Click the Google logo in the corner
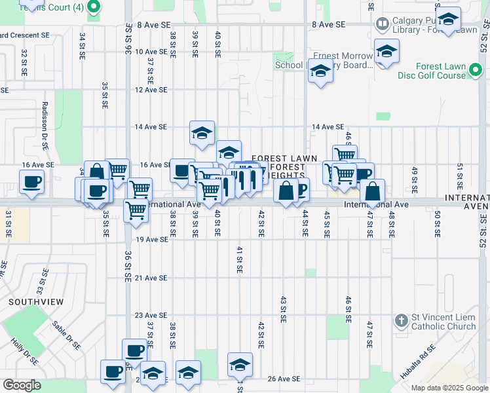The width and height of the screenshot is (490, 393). [22, 385]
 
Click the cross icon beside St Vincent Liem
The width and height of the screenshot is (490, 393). [401, 321]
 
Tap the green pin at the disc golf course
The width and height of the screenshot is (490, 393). [477, 70]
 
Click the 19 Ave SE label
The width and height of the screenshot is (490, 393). [153, 240]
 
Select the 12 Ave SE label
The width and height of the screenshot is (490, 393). [151, 90]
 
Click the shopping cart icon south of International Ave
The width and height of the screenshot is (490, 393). [136, 210]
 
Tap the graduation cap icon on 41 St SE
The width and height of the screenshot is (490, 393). [240, 364]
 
